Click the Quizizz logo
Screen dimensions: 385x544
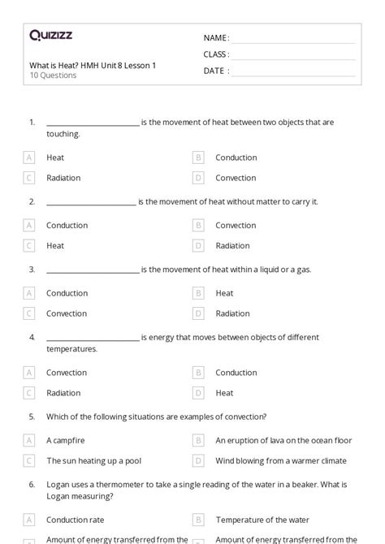pos(50,35)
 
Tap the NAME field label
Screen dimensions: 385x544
pos(216,37)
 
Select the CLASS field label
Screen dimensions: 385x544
pos(216,54)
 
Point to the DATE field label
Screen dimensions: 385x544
pos(215,71)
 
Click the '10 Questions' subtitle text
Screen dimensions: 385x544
pos(53,76)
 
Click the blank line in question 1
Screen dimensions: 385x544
pos(93,125)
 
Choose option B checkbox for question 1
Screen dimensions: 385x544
pos(198,158)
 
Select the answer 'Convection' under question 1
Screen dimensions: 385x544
pos(236,178)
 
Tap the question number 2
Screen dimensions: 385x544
pos(32,201)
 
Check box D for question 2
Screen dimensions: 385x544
pos(198,245)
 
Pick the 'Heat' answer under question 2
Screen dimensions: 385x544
pos(55,245)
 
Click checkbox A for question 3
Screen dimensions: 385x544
pos(29,293)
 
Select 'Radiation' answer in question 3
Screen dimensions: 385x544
pos(232,313)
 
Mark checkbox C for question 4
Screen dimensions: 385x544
pos(29,393)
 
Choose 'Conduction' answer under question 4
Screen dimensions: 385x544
pos(236,373)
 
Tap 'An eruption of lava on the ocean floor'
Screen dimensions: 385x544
pos(283,440)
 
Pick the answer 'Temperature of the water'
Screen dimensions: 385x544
pos(262,520)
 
